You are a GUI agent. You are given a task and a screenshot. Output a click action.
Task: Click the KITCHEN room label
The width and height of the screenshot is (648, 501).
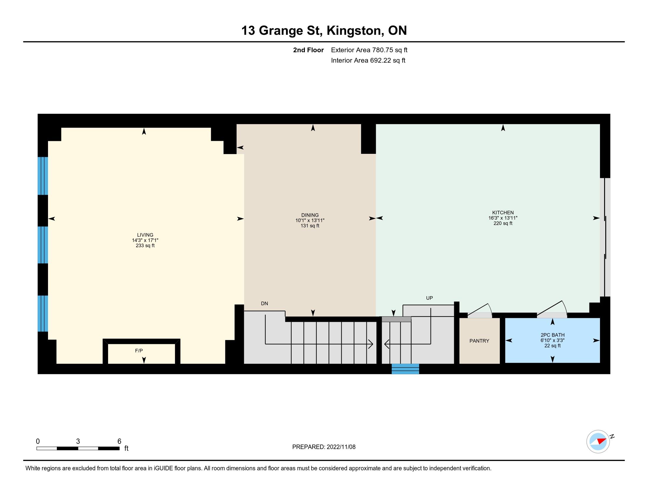click(x=502, y=212)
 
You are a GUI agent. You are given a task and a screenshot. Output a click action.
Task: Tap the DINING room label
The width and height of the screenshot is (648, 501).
click(x=310, y=215)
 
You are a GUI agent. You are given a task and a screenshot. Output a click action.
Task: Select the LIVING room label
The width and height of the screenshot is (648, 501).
click(x=145, y=235)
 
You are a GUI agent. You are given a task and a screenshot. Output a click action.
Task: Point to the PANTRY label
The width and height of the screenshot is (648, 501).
click(x=479, y=341)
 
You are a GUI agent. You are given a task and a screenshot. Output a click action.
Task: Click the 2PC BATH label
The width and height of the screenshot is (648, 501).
click(x=553, y=335)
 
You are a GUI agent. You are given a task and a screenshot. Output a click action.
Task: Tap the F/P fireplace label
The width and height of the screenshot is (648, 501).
click(x=139, y=351)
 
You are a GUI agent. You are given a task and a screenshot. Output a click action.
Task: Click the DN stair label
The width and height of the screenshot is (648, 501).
click(x=265, y=304)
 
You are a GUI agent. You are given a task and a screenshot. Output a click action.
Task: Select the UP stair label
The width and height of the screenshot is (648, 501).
click(x=429, y=298)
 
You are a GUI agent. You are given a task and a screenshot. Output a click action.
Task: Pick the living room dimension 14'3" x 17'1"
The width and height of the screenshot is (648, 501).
click(x=145, y=240)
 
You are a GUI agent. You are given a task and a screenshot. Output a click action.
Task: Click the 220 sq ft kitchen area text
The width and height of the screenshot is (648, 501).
click(x=503, y=223)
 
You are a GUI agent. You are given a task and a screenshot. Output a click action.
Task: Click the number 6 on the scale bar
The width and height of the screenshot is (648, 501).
click(x=119, y=441)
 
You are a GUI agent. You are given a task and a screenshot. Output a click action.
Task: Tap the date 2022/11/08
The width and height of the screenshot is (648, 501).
click(x=341, y=447)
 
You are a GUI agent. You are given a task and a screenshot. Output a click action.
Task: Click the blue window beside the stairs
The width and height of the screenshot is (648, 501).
click(x=405, y=369)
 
